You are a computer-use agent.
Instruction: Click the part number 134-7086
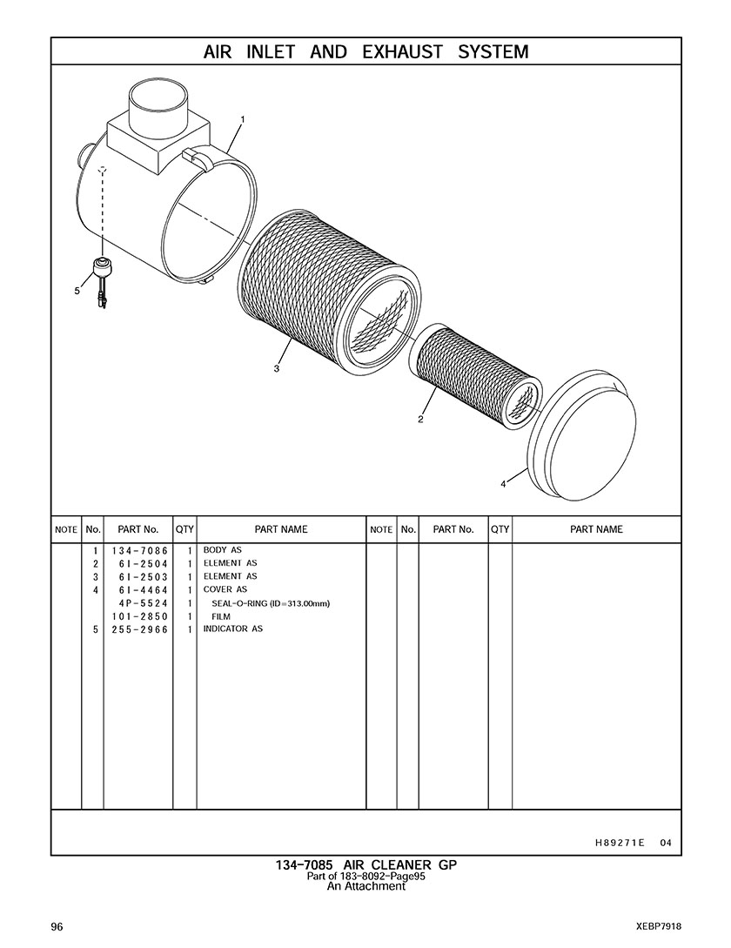point(139,551)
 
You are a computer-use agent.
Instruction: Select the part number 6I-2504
point(144,564)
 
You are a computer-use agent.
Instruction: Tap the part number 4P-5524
point(144,603)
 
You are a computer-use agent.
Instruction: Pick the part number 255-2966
point(139,629)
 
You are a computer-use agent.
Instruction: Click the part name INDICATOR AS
point(232,629)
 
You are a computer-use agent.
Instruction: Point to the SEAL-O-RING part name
point(271,603)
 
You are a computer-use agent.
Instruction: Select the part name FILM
point(221,616)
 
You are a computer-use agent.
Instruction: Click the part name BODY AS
point(223,550)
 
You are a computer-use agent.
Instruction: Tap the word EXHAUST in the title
point(402,52)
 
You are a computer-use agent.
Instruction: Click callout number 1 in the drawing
point(243,120)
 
